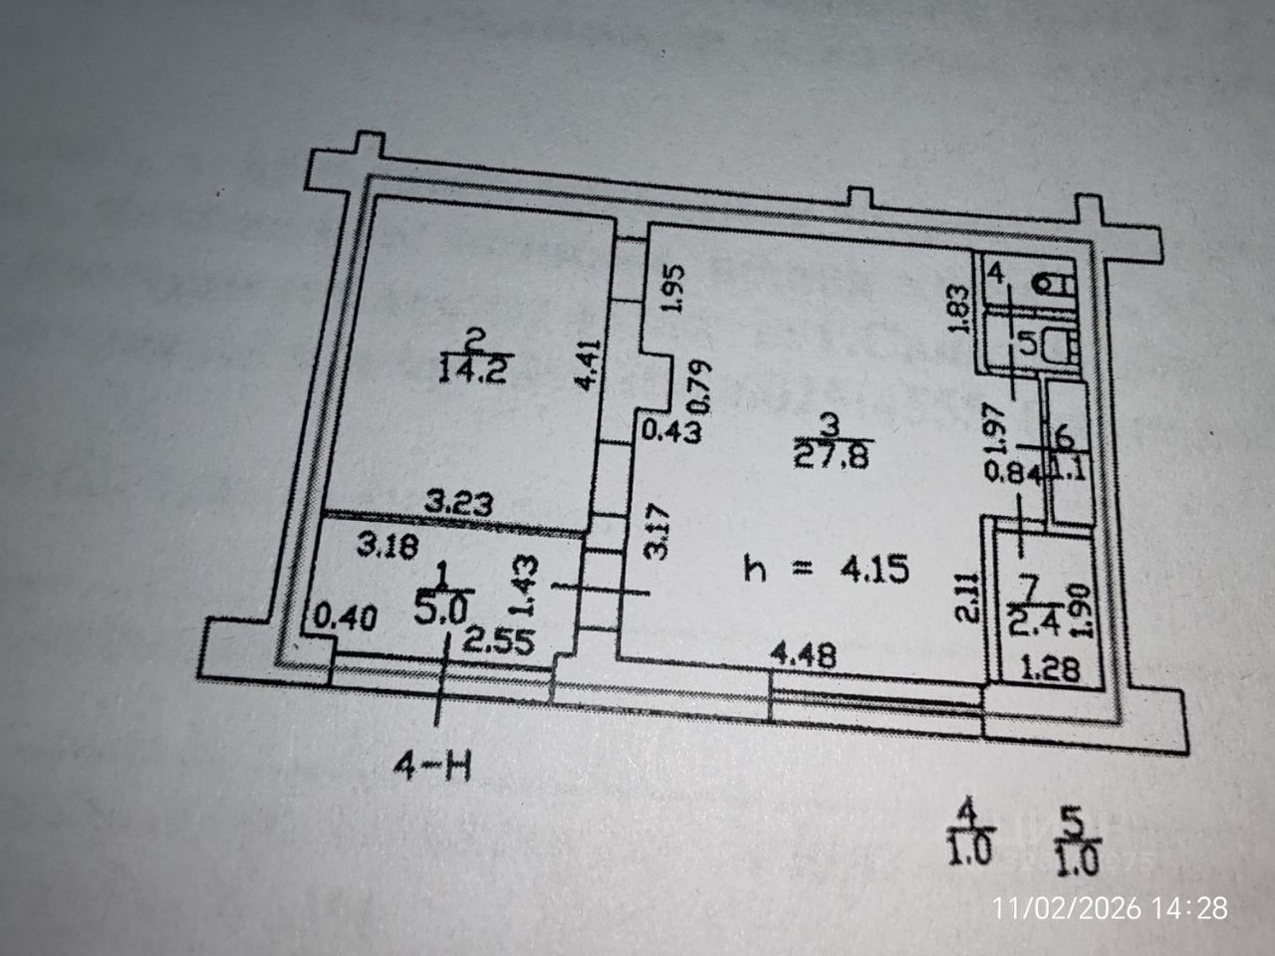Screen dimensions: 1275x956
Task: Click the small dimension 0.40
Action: pos(344,619)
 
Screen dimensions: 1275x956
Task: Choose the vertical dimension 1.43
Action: pos(530,588)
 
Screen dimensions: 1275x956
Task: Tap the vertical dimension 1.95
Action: pos(673,289)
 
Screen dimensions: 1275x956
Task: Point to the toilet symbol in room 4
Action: pos(1047,285)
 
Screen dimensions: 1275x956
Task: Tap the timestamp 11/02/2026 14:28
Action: pos(1113,908)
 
